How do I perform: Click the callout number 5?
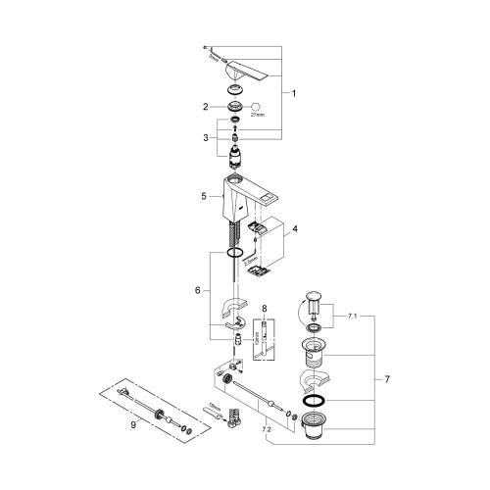click(x=204, y=196)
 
